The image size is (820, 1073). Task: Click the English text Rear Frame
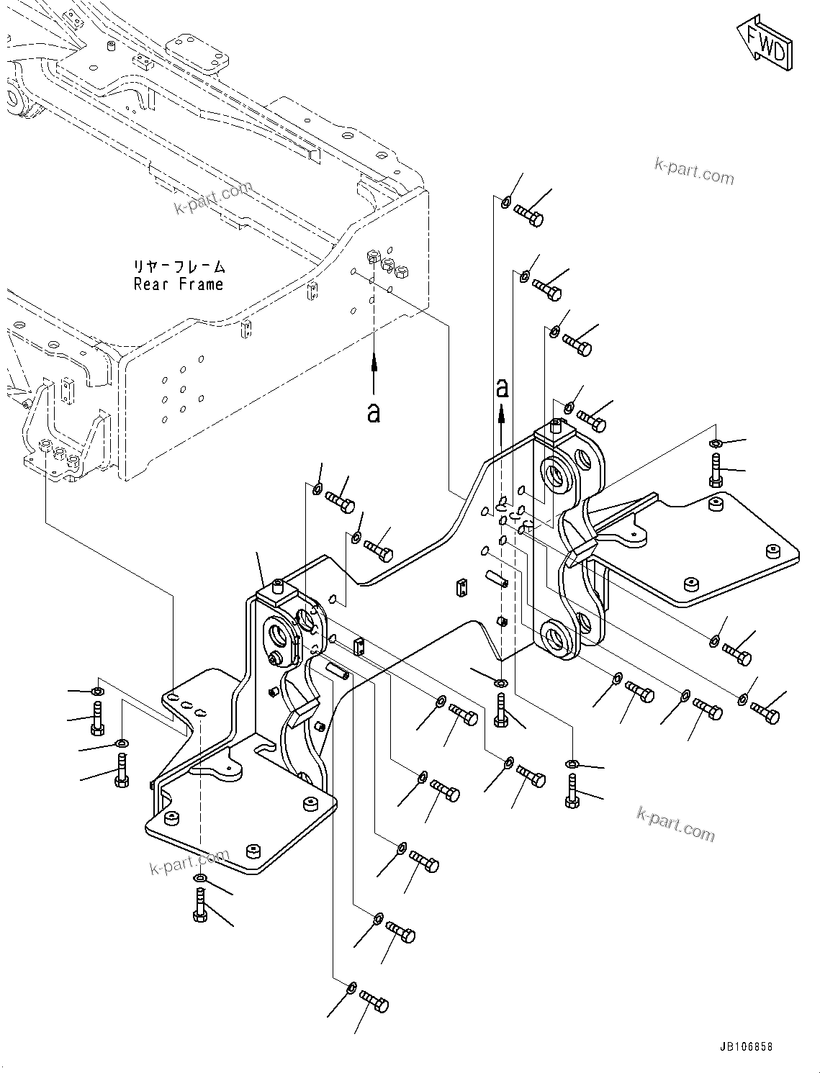click(x=179, y=284)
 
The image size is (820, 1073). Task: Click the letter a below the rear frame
click(x=373, y=412)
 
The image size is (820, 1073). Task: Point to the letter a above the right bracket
click(x=502, y=389)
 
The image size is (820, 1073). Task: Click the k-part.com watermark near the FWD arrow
click(x=694, y=173)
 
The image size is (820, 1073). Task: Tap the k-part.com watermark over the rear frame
click(x=213, y=198)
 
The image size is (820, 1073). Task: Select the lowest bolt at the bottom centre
click(x=374, y=1002)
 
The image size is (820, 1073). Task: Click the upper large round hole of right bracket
click(x=556, y=474)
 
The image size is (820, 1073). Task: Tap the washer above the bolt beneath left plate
click(x=199, y=878)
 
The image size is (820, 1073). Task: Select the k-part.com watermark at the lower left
click(x=189, y=861)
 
